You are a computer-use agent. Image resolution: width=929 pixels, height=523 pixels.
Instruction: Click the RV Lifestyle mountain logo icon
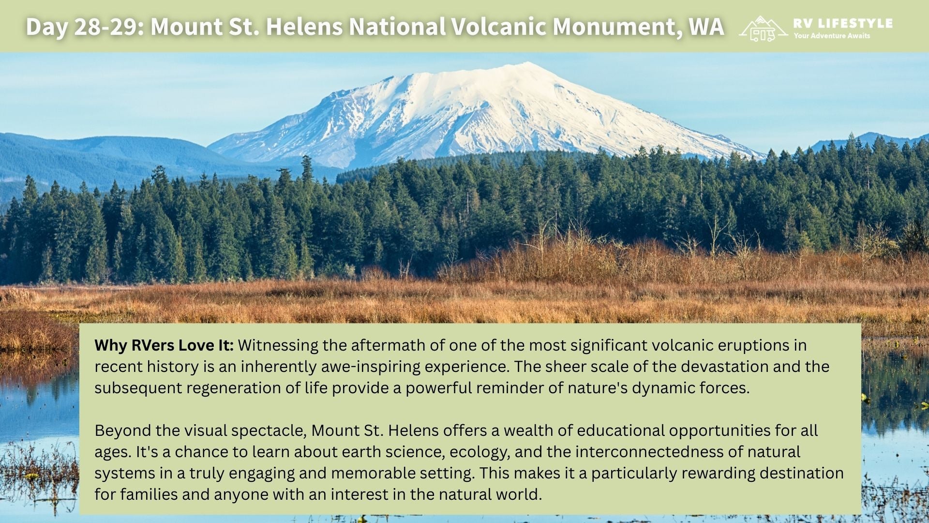click(763, 29)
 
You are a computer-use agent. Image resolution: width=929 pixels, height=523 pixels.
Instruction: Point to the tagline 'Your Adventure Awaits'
click(832, 36)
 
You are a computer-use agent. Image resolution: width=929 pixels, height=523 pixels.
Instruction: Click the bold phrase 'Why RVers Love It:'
click(164, 345)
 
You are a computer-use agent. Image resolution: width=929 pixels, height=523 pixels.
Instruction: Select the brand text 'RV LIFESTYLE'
click(843, 23)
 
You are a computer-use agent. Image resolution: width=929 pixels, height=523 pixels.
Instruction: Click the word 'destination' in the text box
click(801, 473)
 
